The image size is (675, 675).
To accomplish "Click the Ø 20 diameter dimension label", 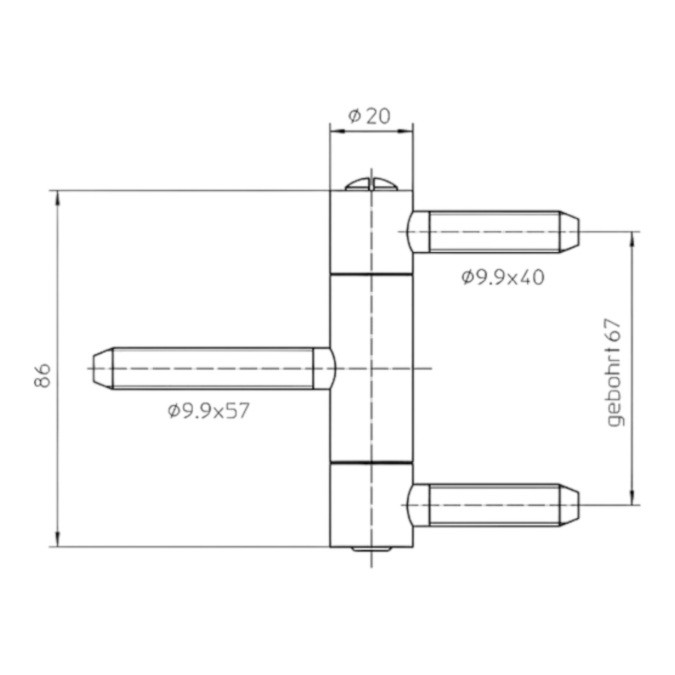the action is point(369,116).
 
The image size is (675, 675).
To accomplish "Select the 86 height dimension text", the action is point(43,375).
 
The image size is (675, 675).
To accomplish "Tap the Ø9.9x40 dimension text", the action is point(503,278).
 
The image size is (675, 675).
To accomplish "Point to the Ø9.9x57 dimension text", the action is point(208,411).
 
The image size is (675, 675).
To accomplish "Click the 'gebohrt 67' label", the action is point(615,373).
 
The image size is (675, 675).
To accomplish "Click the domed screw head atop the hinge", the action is point(371,184).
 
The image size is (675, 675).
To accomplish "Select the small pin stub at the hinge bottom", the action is point(371,549).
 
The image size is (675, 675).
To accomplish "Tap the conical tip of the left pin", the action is point(103,368).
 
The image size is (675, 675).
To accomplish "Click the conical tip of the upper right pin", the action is point(569,232).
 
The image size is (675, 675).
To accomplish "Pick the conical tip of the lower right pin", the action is point(569,505).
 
